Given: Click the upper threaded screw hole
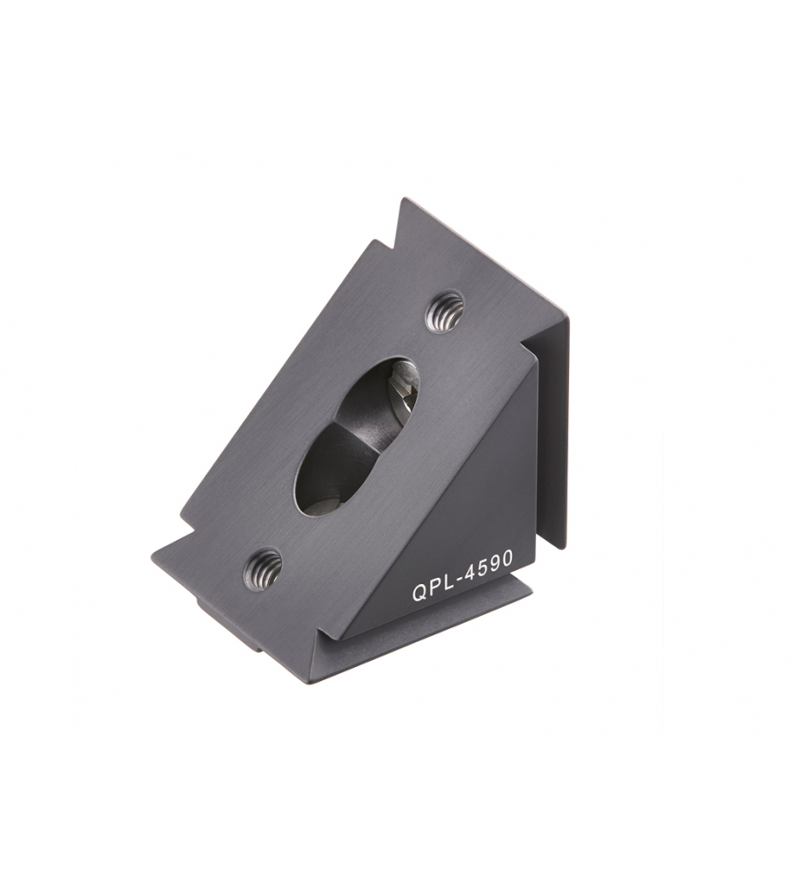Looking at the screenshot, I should click(445, 312).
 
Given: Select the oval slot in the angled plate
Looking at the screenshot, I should click(356, 436).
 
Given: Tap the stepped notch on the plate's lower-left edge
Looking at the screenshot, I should click(187, 527).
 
